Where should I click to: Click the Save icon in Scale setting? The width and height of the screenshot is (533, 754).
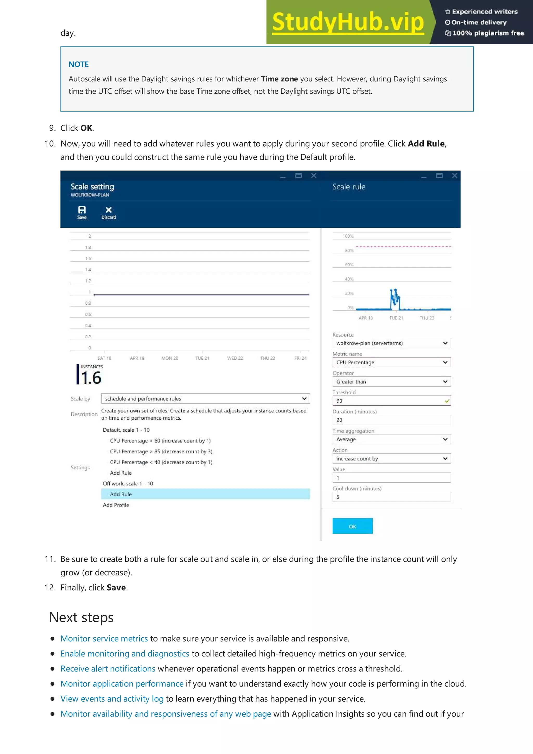[x=82, y=212]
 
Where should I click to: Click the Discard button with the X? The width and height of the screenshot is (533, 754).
[x=109, y=212]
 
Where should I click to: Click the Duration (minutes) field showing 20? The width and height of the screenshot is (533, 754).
[x=391, y=420]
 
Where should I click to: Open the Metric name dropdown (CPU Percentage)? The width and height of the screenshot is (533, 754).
[x=391, y=362]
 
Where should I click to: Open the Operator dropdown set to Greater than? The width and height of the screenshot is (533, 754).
[x=391, y=382]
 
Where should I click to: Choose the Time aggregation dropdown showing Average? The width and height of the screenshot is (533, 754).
[x=391, y=439]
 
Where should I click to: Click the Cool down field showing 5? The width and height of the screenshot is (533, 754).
[x=391, y=497]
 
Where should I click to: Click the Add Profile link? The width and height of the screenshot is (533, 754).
[x=116, y=505]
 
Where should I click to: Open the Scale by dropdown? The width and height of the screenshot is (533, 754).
[x=205, y=399]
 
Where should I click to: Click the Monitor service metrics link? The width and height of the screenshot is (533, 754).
[x=104, y=638]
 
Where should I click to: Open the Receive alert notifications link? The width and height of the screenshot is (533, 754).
[x=108, y=669]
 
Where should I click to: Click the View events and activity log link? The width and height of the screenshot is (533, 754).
[x=112, y=699]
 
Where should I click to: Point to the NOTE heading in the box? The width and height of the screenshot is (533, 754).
[x=79, y=64]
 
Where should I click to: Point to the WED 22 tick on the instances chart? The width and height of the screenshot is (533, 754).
[x=235, y=358]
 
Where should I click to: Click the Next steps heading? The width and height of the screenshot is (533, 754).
[x=81, y=617]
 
